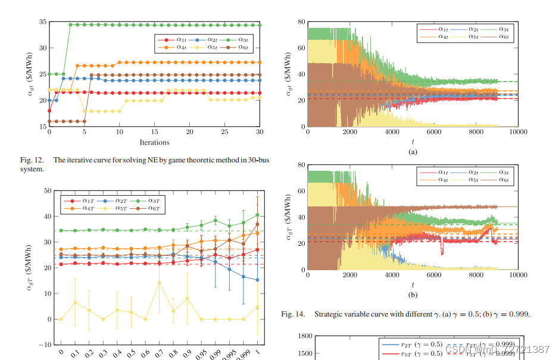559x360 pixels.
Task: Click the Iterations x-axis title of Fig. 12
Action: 154,142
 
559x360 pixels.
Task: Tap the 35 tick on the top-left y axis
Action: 42,22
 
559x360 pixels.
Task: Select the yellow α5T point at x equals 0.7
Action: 159,283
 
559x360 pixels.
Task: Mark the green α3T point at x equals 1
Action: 257,215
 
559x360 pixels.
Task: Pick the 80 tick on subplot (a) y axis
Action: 301,22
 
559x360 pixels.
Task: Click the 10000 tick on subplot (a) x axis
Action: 517,132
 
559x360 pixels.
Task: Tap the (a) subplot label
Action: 413,152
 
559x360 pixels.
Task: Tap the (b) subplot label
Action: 413,295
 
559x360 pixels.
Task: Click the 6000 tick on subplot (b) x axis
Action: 433,275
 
